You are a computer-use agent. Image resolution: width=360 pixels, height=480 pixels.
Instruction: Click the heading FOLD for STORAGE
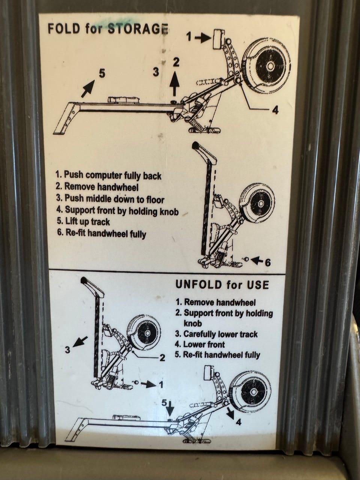coord(108,28)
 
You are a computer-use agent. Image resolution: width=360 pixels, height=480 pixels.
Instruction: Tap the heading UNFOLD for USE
coord(222,285)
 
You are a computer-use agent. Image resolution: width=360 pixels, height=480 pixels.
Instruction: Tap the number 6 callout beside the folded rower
coord(267,262)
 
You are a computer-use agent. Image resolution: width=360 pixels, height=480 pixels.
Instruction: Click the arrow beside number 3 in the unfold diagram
coord(80,341)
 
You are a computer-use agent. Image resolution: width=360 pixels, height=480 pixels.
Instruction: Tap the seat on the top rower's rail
coord(123,99)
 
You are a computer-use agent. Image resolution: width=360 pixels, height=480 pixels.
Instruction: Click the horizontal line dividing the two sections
coord(167,272)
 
